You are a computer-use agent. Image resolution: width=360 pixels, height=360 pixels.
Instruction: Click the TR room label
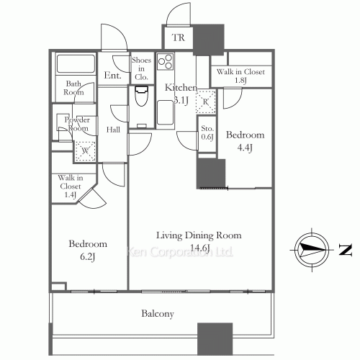pyautogui.click(x=179, y=37)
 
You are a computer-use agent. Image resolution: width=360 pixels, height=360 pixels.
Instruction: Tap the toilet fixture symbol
pyautogui.click(x=141, y=96)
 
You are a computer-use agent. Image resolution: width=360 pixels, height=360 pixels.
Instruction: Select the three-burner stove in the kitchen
pyautogui.click(x=166, y=61)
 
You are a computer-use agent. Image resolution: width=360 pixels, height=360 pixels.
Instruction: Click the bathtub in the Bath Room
pyautogui.click(x=76, y=64)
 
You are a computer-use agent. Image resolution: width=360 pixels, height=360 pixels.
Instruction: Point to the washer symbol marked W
pyautogui.click(x=86, y=151)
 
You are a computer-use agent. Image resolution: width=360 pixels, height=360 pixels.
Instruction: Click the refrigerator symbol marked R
pyautogui.click(x=205, y=102)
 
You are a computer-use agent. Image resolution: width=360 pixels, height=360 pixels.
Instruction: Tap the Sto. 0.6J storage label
pyautogui.click(x=207, y=132)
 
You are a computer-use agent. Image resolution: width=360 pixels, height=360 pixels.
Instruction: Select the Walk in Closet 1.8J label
pyautogui.click(x=240, y=76)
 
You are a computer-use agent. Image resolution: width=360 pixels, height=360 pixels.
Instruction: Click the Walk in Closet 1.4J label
pyautogui.click(x=71, y=186)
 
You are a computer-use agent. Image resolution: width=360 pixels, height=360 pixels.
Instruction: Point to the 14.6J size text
pyautogui.click(x=200, y=248)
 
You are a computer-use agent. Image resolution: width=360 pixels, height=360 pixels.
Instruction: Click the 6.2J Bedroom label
pyautogui.click(x=88, y=250)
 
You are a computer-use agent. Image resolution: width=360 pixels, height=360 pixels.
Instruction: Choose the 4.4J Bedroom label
pyautogui.click(x=245, y=141)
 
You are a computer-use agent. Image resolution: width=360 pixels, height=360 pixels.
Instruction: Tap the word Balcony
pyautogui.click(x=158, y=314)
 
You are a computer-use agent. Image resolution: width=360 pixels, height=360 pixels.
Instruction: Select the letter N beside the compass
pyautogui.click(x=346, y=250)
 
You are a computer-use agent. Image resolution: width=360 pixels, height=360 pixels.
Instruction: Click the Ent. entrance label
pyautogui.click(x=112, y=76)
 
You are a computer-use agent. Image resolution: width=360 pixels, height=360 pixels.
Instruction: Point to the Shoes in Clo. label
pyautogui.click(x=141, y=68)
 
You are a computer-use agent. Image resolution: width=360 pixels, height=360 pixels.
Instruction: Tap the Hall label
pyautogui.click(x=113, y=130)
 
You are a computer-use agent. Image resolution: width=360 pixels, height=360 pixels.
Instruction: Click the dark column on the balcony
pyautogui.click(x=215, y=339)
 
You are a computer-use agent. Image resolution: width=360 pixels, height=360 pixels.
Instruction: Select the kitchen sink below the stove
pyautogui.click(x=165, y=113)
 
